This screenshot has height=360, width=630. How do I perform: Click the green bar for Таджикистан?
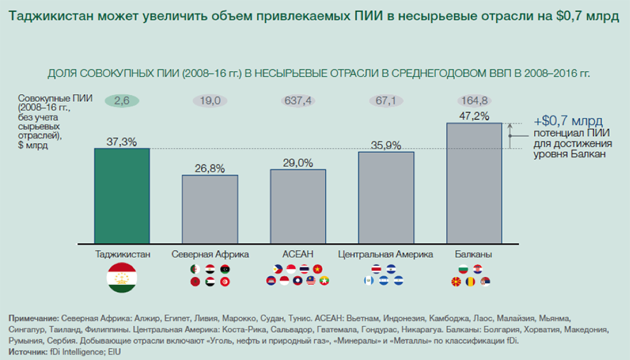122,196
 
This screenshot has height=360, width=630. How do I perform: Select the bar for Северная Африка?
210,209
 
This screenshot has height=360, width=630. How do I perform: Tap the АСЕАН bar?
298,206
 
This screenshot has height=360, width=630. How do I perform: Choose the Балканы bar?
474,183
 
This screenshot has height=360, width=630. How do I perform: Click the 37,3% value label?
122,142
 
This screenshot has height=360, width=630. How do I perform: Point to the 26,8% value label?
210,169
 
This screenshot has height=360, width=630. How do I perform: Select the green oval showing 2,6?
122,100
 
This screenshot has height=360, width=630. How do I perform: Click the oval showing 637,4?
298,100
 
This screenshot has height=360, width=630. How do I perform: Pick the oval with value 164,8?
474,100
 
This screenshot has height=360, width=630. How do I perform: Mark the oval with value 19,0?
210,100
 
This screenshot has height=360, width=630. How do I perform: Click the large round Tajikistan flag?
122,277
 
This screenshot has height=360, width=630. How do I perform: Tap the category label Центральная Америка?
386,254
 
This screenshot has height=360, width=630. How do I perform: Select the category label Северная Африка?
210,254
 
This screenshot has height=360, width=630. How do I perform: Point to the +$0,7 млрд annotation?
568,121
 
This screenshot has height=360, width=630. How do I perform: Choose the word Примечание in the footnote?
34,317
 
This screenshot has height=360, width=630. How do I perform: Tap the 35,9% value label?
386,145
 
